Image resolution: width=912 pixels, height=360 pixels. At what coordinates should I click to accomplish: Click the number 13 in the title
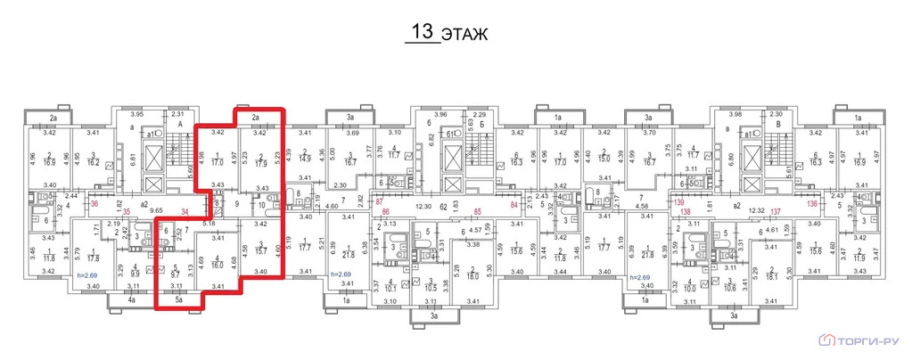(421, 33)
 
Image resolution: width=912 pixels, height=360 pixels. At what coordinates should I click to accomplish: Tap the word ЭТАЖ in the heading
(466, 35)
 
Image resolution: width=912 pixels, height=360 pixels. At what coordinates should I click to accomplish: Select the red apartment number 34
(184, 211)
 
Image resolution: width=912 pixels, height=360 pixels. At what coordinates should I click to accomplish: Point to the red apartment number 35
(126, 211)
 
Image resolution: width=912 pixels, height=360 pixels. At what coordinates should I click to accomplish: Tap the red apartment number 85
(478, 211)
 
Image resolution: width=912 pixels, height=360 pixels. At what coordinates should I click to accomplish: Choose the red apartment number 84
(513, 203)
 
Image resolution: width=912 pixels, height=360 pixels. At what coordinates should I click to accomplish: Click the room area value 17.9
(260, 163)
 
